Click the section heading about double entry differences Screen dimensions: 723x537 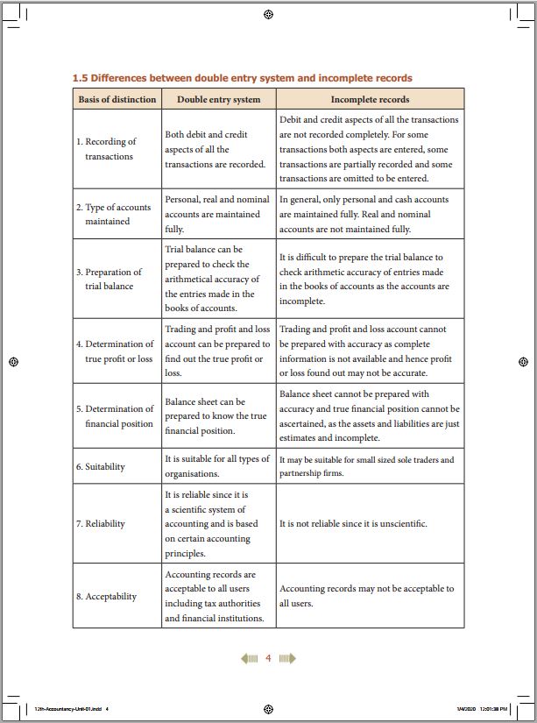click(242, 78)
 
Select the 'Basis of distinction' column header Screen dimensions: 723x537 click(117, 99)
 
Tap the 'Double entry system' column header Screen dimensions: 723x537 click(218, 99)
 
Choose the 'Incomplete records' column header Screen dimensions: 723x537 click(370, 99)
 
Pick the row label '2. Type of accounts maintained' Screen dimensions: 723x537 click(113, 215)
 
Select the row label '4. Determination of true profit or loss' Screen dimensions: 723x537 click(114, 351)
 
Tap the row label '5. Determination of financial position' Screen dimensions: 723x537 click(114, 416)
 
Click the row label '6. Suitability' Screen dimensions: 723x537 click(100, 467)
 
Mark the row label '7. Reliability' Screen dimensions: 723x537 click(100, 524)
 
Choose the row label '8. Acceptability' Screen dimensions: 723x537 click(106, 597)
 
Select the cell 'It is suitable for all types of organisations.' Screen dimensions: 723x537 click(217, 466)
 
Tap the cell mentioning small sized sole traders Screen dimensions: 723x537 click(367, 466)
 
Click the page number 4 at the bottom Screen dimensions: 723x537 click(269, 658)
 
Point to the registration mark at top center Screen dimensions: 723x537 click(268, 14)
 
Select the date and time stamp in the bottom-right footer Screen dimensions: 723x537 click(482, 708)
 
